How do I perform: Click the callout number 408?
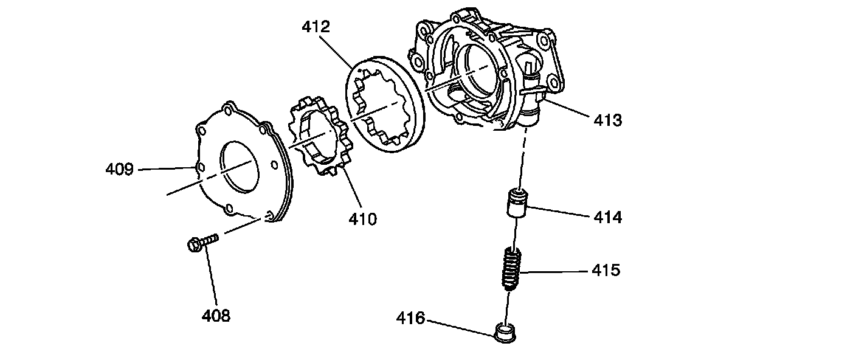[x=216, y=316]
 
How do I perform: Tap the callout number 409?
[x=119, y=169]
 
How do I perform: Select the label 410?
[x=362, y=218]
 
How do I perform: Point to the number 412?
[x=316, y=27]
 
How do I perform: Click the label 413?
[x=607, y=120]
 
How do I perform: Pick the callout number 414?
[x=607, y=216]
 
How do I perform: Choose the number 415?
[x=606, y=270]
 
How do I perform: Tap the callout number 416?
[x=410, y=317]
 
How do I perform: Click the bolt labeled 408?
[x=200, y=243]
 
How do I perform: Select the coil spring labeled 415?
[x=511, y=270]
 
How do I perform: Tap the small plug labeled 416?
[x=506, y=333]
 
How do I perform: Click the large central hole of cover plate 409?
[x=243, y=168]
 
